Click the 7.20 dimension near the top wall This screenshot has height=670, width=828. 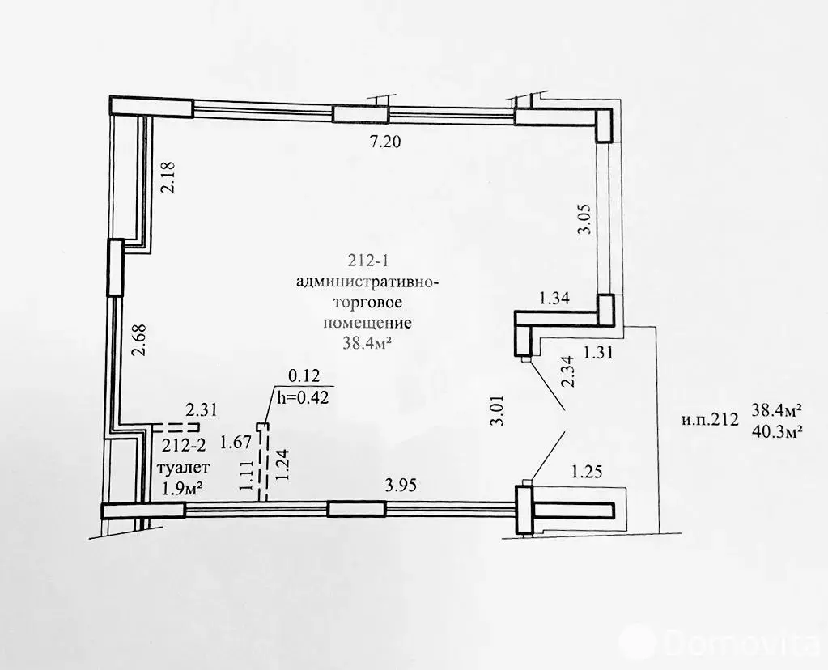coord(385,143)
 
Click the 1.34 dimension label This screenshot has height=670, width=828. coord(554,298)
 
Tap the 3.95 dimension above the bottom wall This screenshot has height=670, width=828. coord(400,486)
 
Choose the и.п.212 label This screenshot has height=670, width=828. coord(711,419)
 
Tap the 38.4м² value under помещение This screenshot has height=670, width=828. coord(368,342)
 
